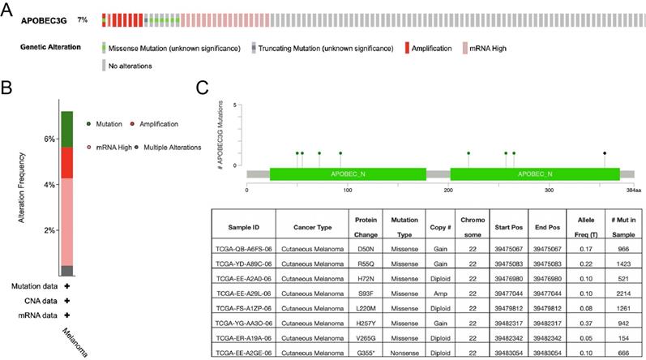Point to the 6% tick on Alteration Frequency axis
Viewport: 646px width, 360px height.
click(49, 139)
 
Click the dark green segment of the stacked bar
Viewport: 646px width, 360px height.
click(67, 129)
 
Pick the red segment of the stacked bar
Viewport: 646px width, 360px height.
click(67, 163)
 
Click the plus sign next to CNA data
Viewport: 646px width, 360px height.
click(67, 301)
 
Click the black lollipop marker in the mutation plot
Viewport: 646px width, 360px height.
click(605, 152)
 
